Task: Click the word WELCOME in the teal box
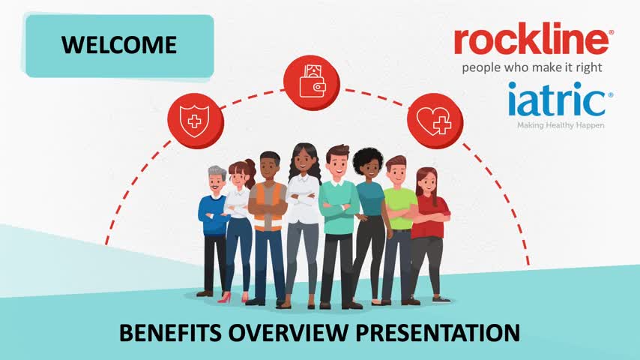[119, 45]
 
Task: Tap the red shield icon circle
[196, 121]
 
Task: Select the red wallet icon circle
[312, 83]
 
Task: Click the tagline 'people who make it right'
[532, 67]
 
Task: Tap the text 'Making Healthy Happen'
[561, 125]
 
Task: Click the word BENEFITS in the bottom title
[170, 332]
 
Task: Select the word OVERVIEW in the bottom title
[288, 332]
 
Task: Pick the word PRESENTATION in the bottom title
[438, 332]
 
